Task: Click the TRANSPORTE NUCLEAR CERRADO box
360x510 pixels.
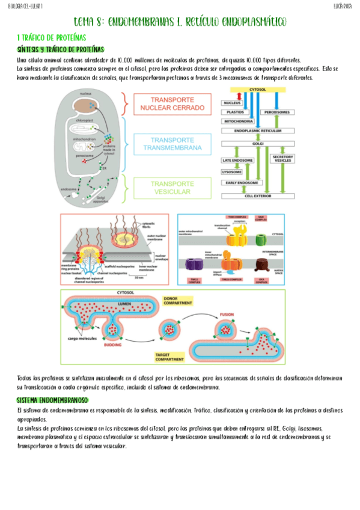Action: click(x=172, y=104)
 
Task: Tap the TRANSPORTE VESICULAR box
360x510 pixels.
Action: click(x=172, y=188)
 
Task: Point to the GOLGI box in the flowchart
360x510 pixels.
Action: click(x=256, y=145)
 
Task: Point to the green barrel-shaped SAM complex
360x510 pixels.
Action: click(x=260, y=239)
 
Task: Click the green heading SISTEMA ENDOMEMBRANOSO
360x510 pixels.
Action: click(x=53, y=400)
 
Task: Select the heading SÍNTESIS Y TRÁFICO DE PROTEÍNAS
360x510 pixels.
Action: click(x=61, y=49)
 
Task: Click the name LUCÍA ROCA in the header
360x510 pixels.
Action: click(x=343, y=5)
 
